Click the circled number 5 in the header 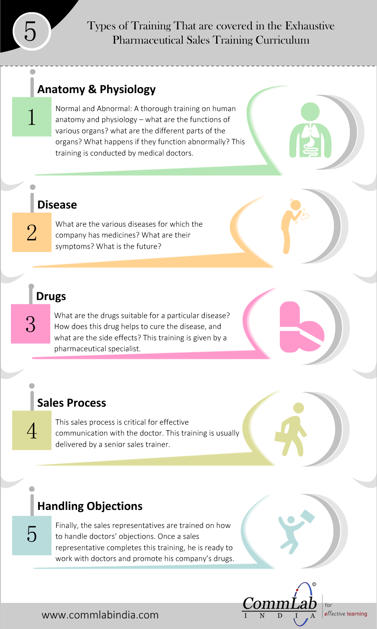(x=32, y=31)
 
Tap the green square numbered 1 (x=32, y=117)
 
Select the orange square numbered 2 (x=32, y=232)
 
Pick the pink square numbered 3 (x=31, y=324)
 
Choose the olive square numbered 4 (x=32, y=430)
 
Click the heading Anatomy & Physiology (x=96, y=89)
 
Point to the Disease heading (x=57, y=205)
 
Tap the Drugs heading (x=51, y=296)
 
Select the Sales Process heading (x=72, y=403)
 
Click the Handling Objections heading (x=90, y=506)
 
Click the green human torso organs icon (x=310, y=130)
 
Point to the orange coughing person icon (x=294, y=226)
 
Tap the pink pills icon (x=302, y=327)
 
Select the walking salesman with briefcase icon (x=291, y=430)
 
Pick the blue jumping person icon (x=296, y=532)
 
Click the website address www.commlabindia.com (x=100, y=615)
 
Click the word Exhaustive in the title (x=310, y=26)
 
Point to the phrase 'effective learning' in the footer (x=346, y=613)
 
